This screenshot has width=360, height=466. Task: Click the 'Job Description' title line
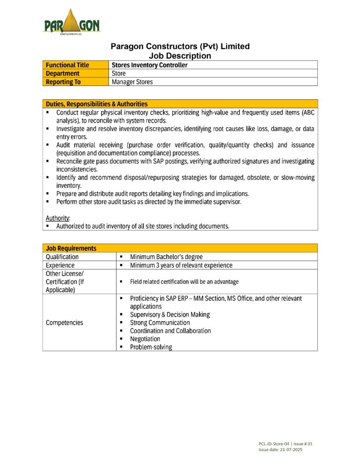180,56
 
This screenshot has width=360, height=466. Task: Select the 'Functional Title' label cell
67,65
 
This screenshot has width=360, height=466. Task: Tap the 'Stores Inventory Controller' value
150,65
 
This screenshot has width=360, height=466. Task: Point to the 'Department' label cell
62,74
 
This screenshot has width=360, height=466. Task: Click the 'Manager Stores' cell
132,82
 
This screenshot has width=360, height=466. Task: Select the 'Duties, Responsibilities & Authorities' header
97,104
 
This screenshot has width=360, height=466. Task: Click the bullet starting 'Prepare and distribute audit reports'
152,194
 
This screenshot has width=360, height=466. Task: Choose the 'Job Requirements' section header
71,248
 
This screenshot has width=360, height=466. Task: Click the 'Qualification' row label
62,257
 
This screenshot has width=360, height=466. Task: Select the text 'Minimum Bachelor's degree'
166,257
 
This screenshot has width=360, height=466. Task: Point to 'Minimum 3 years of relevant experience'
181,265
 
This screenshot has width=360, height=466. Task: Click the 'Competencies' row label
64,323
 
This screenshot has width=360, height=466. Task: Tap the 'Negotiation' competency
145,339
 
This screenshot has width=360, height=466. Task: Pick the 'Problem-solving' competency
151,347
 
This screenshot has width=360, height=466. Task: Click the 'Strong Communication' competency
160,323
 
